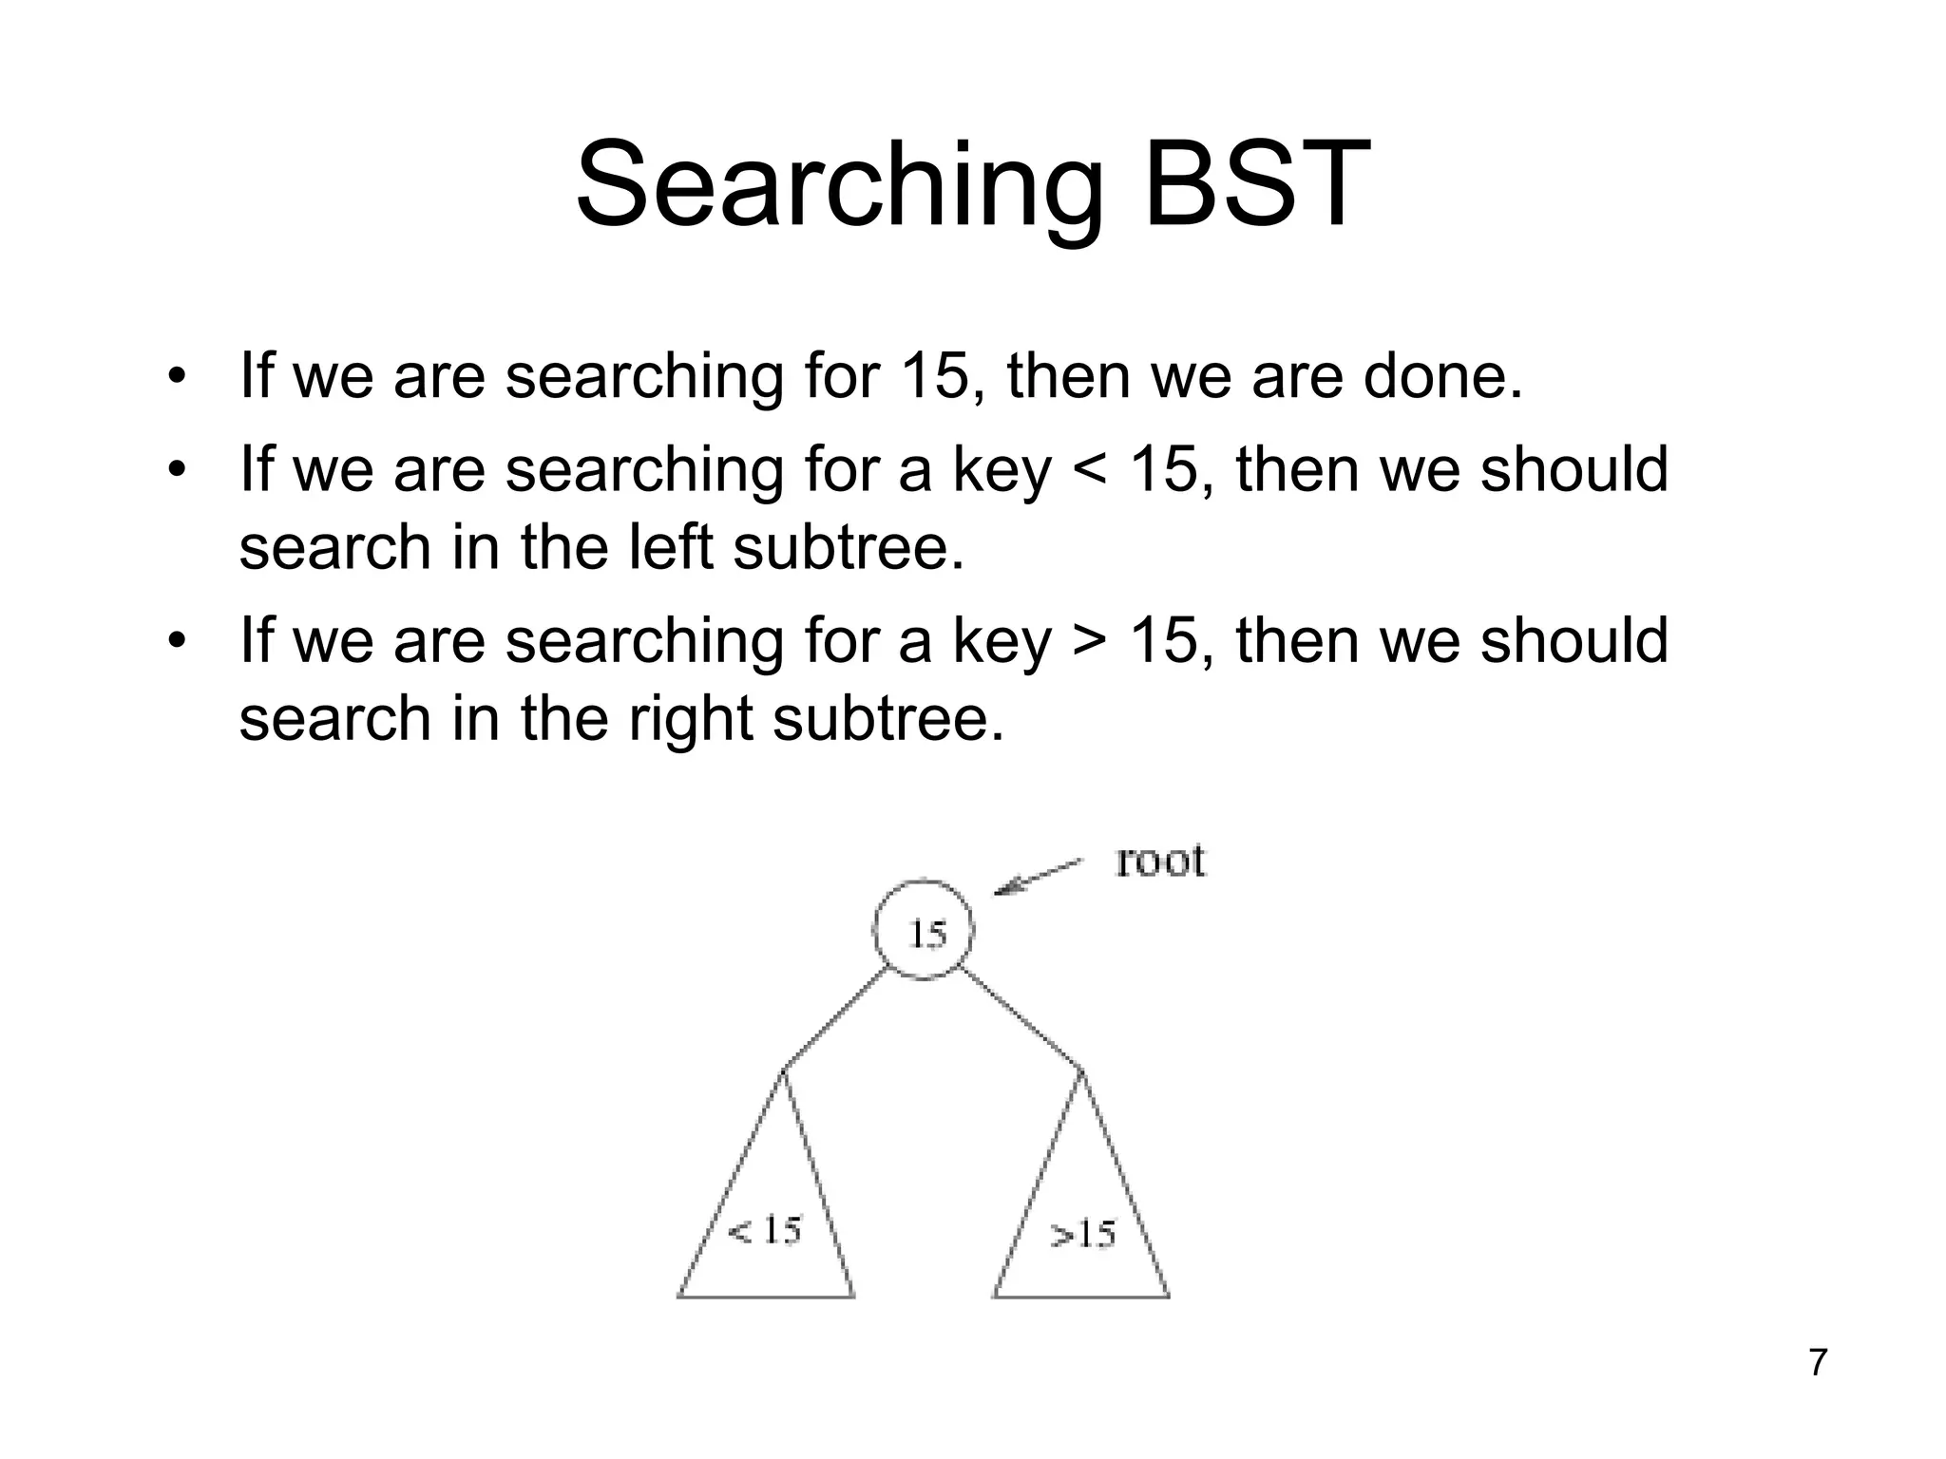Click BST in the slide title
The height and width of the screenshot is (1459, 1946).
pyautogui.click(x=1257, y=185)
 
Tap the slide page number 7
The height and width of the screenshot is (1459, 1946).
pyautogui.click(x=1818, y=1362)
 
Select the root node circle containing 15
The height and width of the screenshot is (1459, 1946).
pyautogui.click(x=924, y=932)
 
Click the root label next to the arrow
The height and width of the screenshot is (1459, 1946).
pyautogui.click(x=1159, y=861)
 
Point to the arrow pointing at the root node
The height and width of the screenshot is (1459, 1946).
pyautogui.click(x=1039, y=877)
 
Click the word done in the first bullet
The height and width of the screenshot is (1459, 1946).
pyautogui.click(x=1442, y=376)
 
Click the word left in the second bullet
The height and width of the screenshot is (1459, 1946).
pyautogui.click(x=670, y=548)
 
